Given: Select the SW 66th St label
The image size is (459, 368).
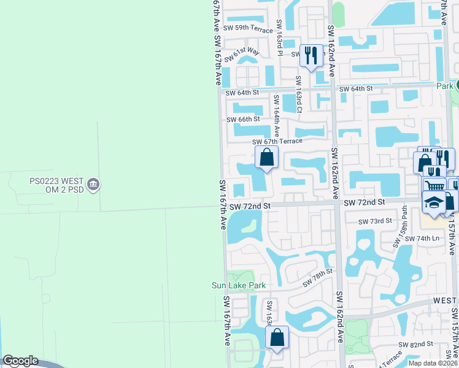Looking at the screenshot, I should (x=243, y=119).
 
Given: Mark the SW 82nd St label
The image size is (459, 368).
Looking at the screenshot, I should (x=415, y=345).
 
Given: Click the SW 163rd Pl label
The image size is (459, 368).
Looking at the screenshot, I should (x=279, y=38).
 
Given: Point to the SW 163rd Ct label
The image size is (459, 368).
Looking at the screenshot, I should (x=299, y=94).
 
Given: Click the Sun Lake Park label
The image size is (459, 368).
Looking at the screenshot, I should (x=247, y=285).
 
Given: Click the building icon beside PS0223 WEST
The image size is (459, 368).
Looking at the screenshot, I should (x=93, y=184).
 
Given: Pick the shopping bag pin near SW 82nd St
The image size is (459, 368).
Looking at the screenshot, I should (x=277, y=337).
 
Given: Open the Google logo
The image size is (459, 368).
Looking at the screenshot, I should (x=20, y=361).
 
